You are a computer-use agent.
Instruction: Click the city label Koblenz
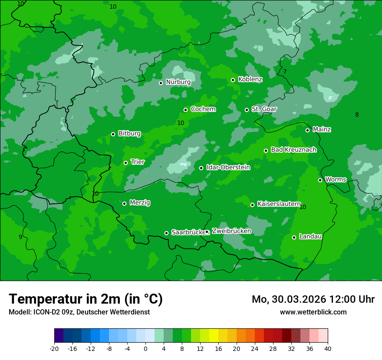click(250, 79)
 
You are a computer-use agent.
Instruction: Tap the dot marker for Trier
click(125, 163)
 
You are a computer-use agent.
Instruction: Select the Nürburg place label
click(178, 82)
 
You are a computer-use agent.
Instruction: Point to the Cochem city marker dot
click(185, 110)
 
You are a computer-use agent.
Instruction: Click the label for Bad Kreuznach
click(293, 150)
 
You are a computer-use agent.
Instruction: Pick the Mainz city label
click(322, 129)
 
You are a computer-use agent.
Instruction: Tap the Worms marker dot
click(320, 180)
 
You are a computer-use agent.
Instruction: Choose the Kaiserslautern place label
click(279, 204)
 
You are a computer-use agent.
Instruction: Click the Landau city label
click(310, 236)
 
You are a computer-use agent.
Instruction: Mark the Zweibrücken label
click(231, 231)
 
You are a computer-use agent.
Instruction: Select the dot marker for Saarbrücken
click(166, 233)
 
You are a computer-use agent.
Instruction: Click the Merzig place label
click(140, 203)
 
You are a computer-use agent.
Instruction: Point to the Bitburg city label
click(129, 134)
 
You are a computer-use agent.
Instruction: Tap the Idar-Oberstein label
click(228, 167)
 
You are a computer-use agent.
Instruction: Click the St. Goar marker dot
click(247, 110)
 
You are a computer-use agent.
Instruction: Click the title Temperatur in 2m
click(86, 299)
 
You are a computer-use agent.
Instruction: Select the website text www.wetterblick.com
click(313, 312)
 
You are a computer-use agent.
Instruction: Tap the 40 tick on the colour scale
click(328, 348)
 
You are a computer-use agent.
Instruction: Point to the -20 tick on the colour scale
click(54, 348)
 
